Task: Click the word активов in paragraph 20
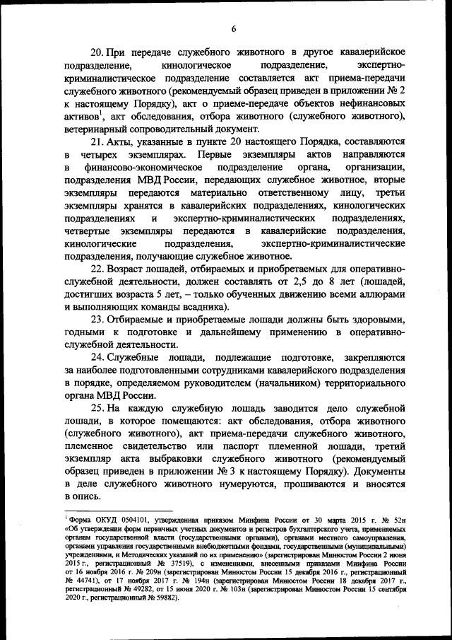click(x=80, y=117)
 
